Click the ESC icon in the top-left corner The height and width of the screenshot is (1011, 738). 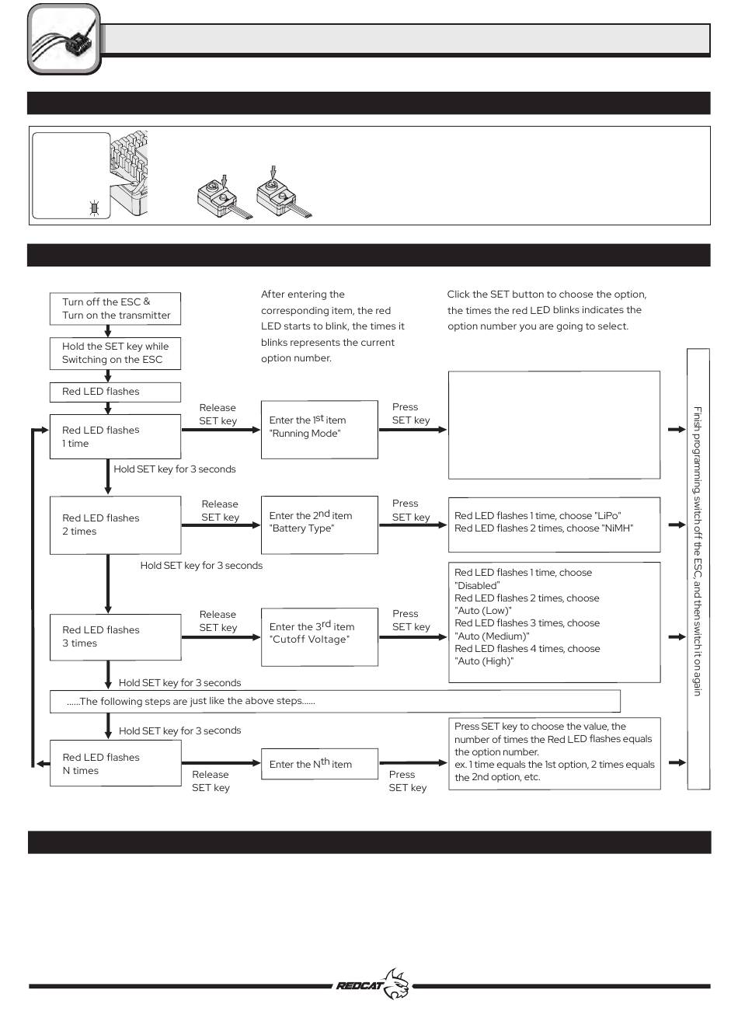(64, 39)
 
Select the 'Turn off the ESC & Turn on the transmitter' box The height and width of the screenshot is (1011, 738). (115, 309)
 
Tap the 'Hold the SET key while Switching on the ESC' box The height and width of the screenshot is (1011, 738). (115, 353)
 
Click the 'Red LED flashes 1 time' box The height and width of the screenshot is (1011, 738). (115, 437)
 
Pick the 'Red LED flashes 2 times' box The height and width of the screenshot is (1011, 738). (115, 525)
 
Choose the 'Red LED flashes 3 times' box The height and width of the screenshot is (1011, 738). (115, 636)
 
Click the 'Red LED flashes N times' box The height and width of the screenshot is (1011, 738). (115, 764)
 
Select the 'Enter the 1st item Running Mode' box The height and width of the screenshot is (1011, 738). (319, 427)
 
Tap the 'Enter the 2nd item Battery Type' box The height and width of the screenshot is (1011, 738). (319, 522)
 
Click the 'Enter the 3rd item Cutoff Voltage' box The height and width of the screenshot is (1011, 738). (319, 633)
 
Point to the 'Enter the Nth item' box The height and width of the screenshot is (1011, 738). (319, 764)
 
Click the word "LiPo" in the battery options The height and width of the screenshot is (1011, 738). (608, 515)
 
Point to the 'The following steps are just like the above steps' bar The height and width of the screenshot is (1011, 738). (335, 701)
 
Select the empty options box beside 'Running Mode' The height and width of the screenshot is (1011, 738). (554, 425)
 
